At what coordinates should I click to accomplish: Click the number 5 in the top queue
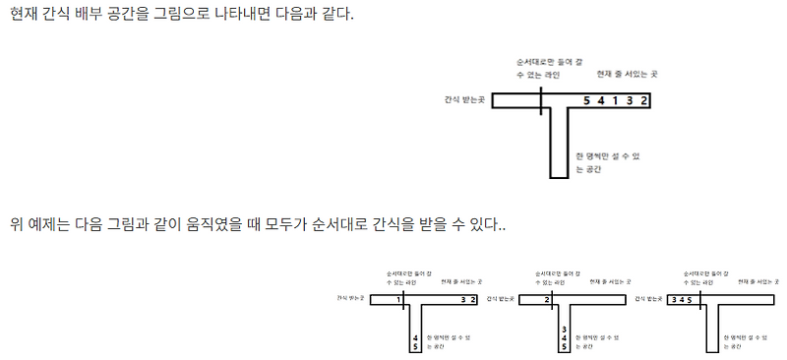pos(587,100)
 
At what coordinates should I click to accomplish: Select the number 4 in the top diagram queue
pos(601,100)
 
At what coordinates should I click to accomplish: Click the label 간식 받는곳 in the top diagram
pos(465,100)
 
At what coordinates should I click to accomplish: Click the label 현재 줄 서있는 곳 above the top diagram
pos(627,74)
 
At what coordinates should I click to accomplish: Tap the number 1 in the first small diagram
pos(398,297)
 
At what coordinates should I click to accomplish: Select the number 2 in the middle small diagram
pos(547,297)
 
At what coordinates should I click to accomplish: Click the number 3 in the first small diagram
pos(464,297)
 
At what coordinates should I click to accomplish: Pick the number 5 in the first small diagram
pos(416,345)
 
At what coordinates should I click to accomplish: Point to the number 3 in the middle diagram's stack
pos(563,326)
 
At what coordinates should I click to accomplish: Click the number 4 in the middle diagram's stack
pos(563,335)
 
